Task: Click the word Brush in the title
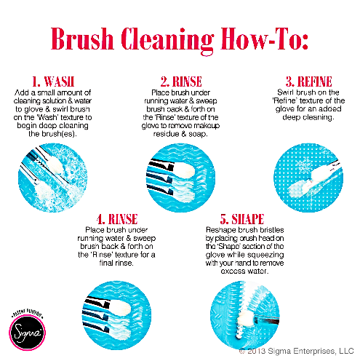point(82,39)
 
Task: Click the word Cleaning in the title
point(167,41)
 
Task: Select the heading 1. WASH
point(53,82)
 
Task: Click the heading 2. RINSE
point(181,82)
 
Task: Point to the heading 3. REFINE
point(308,82)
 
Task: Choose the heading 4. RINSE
point(117,219)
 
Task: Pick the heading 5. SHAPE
point(242,219)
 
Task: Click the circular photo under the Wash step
point(53,178)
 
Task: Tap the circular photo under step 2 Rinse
point(180,178)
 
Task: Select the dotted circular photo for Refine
point(308,178)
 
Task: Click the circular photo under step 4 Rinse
point(116,315)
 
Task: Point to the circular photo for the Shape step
point(245,315)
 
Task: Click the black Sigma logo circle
point(27,332)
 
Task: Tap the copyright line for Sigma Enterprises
point(296,351)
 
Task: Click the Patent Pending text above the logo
point(27,312)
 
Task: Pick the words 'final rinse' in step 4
point(116,263)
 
